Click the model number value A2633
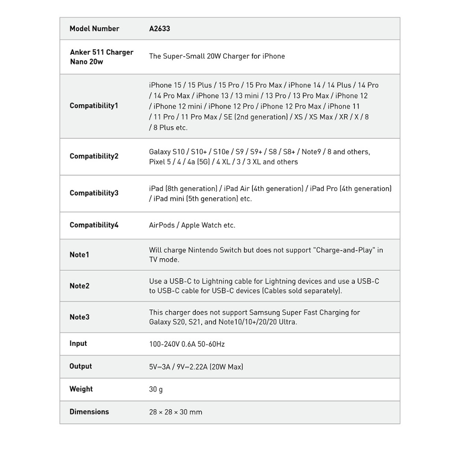[159, 29]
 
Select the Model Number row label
[94, 29]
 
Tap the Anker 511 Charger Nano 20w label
[102, 57]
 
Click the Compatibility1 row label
[94, 106]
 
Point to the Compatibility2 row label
[94, 156]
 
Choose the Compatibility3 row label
[94, 193]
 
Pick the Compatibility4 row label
[94, 225]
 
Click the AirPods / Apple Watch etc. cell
[192, 226]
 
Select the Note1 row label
[80, 255]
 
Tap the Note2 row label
[80, 286]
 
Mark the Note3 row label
[80, 317]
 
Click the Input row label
[78, 344]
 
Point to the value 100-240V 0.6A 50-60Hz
[187, 345]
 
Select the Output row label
[80, 367]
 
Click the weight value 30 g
[156, 389]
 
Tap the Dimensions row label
[89, 412]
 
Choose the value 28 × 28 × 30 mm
[176, 412]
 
